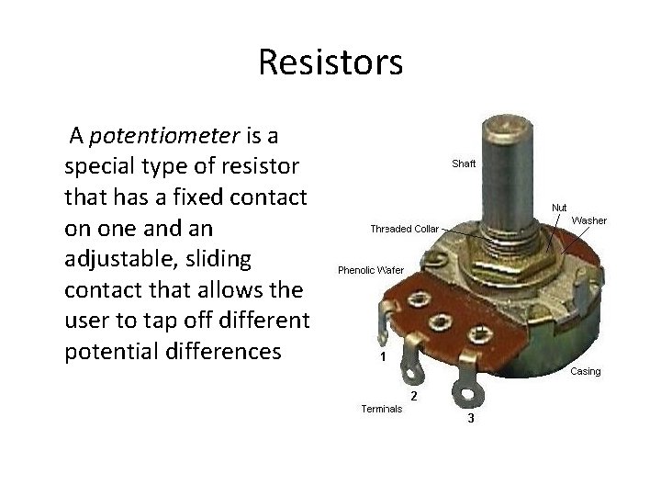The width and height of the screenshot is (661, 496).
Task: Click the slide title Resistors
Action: [330, 63]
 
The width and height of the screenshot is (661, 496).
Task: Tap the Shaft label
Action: [464, 164]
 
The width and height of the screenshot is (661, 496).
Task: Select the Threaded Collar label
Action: [404, 228]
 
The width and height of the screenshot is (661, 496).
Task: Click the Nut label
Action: [558, 209]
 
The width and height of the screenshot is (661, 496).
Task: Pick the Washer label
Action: [588, 220]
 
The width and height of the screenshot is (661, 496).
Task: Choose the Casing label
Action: [586, 371]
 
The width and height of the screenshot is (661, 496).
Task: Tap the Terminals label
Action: [380, 410]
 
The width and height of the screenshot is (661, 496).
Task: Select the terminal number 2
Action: [414, 396]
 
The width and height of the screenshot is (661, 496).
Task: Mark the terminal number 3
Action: [470, 419]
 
